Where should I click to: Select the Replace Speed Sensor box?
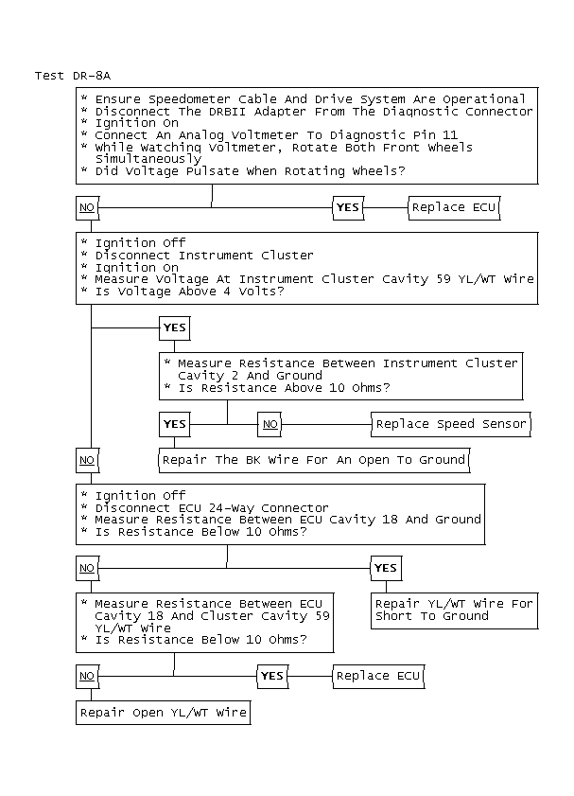click(451, 424)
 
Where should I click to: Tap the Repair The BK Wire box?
click(313, 460)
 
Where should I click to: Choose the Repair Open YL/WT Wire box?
click(163, 713)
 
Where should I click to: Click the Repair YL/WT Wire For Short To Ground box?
click(454, 610)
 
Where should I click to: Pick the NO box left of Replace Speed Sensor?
click(270, 424)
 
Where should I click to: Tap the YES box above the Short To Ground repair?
click(385, 568)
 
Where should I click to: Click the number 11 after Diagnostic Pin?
click(450, 135)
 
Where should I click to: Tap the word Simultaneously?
click(135, 159)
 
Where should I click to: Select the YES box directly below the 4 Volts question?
click(175, 327)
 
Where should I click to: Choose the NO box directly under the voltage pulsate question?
click(87, 207)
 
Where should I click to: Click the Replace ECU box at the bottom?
click(378, 676)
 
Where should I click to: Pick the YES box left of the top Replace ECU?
click(348, 207)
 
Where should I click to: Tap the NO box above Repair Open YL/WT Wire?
click(87, 676)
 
